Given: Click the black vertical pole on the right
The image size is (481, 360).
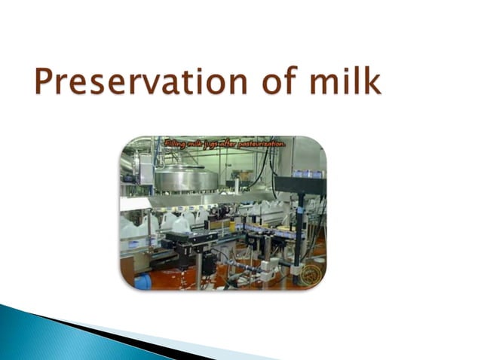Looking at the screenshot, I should point(300,226).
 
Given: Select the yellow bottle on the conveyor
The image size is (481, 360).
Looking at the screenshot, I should point(232,224).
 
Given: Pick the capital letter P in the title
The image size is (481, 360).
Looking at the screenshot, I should point(45,81).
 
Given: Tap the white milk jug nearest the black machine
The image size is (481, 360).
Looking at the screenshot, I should point(181,224).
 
